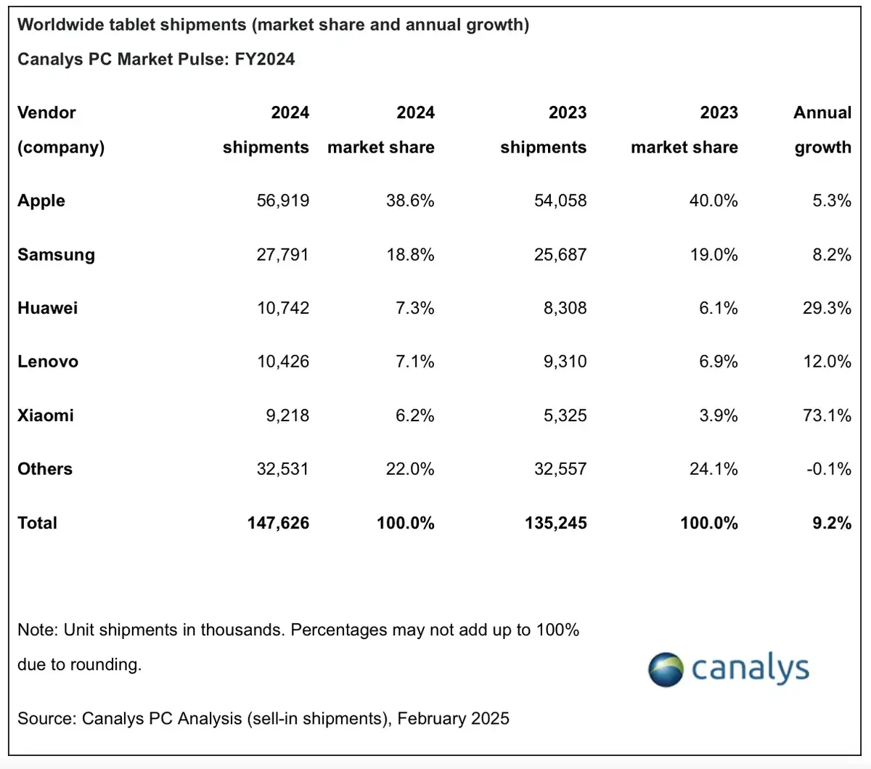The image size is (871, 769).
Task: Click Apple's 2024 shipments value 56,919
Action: [x=282, y=200]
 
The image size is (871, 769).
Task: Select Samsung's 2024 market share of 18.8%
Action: [x=410, y=255]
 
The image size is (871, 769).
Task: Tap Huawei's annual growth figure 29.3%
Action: [x=827, y=308]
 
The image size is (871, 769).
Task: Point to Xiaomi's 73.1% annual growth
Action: [x=827, y=415]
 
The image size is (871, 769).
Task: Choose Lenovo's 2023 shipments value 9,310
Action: [x=565, y=362]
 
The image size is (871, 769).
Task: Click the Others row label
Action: [x=45, y=469]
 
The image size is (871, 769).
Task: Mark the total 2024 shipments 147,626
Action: [x=278, y=523]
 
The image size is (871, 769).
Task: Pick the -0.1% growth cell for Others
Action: [x=829, y=469]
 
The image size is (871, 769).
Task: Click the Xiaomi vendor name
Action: [x=46, y=415]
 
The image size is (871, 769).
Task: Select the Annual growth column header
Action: [x=822, y=130]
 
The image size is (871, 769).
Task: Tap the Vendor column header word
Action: [x=46, y=113]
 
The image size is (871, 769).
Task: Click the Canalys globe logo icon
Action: [x=666, y=670]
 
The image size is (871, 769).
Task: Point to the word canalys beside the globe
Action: [x=751, y=668]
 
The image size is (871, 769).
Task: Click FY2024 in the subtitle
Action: [x=265, y=60]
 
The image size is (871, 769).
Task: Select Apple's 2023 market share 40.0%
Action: [x=713, y=200]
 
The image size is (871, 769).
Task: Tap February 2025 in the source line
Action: [x=454, y=719]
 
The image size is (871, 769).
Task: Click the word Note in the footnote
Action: [x=37, y=630]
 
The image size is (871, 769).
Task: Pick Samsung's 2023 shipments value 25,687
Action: [x=560, y=255]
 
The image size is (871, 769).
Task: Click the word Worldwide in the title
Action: [x=60, y=25]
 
